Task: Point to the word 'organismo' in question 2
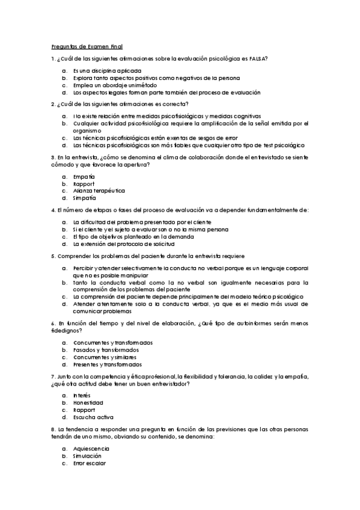(x=87, y=130)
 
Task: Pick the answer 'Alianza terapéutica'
(x=99, y=191)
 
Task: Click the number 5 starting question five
(x=53, y=256)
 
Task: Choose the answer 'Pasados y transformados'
(x=106, y=350)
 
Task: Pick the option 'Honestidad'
(x=88, y=403)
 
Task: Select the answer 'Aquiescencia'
(x=91, y=449)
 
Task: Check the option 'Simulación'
(x=88, y=456)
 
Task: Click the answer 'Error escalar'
(x=90, y=463)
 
